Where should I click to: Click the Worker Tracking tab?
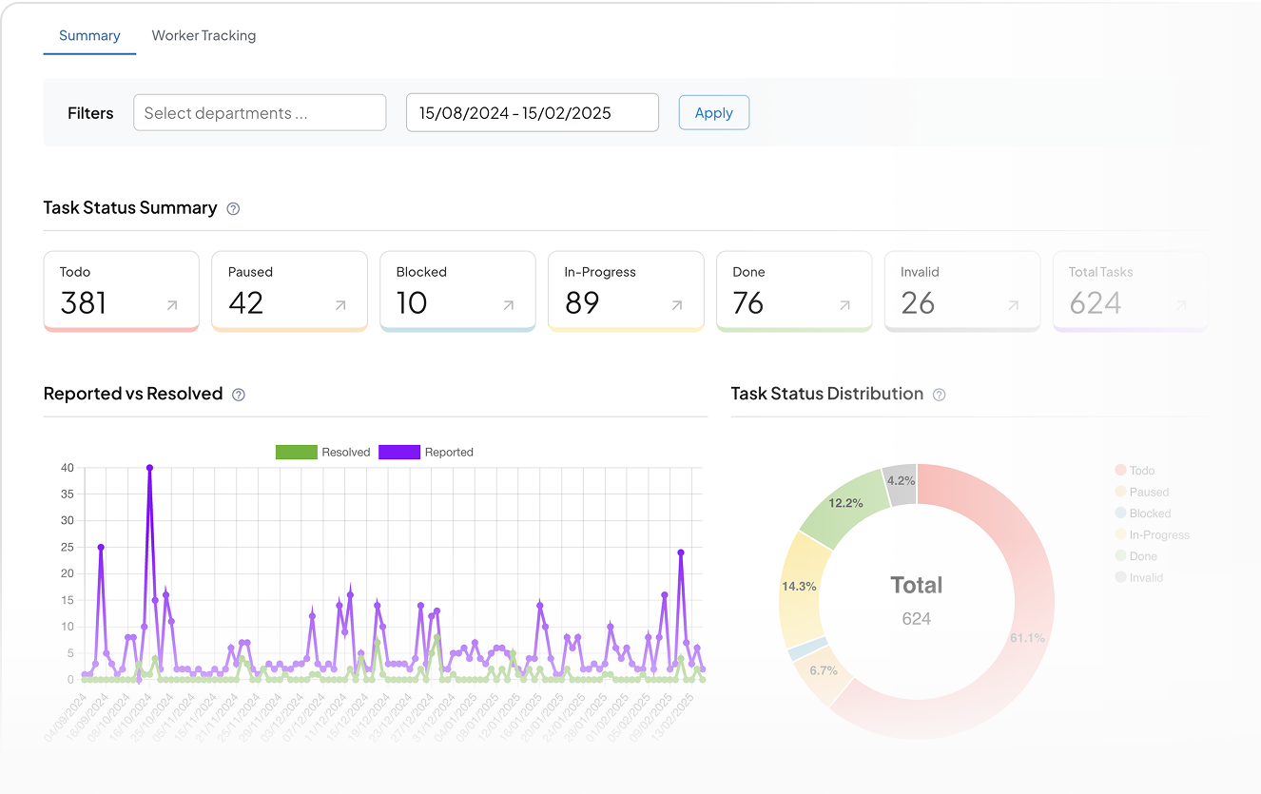coord(204,36)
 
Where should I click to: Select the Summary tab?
coord(89,36)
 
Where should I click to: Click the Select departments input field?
coord(260,113)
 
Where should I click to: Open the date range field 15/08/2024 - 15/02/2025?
coord(532,113)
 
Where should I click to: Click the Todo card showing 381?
coord(121,291)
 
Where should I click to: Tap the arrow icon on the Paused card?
coord(340,305)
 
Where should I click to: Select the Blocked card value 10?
coord(412,303)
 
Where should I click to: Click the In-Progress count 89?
coord(582,303)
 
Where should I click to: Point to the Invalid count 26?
coord(918,303)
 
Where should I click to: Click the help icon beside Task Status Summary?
coord(233,208)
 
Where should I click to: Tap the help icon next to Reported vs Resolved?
coord(239,395)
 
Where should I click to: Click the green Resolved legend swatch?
coord(297,453)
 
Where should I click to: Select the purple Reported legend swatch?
coord(399,453)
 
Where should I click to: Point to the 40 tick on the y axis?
coord(68,468)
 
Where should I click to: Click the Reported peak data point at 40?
coord(150,468)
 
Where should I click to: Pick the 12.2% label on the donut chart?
coord(845,503)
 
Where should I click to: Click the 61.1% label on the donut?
coord(1027,638)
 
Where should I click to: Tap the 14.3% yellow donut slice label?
coord(799,587)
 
